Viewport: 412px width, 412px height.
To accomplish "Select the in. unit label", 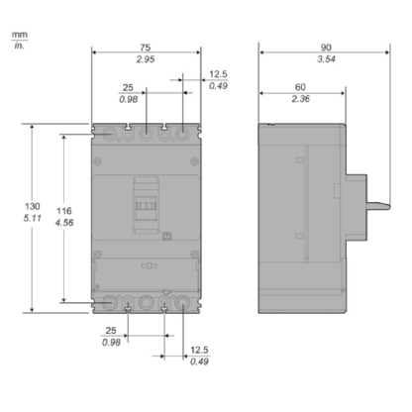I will pyautogui.click(x=19, y=47).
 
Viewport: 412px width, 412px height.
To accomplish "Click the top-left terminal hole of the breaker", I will pyautogui.click(x=108, y=130).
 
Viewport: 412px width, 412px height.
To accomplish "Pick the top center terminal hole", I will pyautogui.click(x=146, y=130).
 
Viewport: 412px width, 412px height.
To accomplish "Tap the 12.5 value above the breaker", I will pyautogui.click(x=217, y=72).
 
